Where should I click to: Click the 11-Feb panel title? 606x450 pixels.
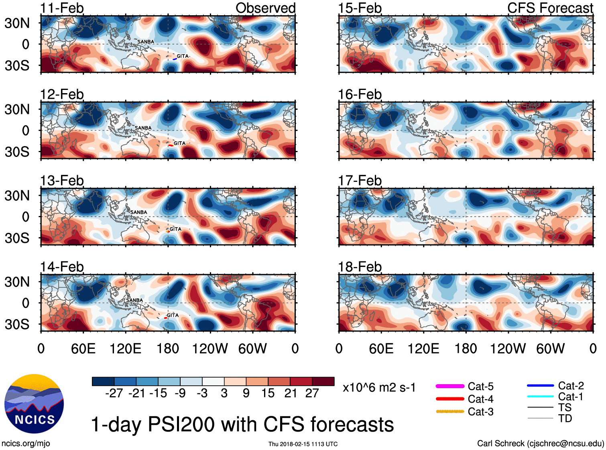click(x=62, y=8)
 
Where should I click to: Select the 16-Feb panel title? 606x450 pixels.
click(x=360, y=94)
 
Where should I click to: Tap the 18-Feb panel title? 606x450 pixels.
click(x=360, y=267)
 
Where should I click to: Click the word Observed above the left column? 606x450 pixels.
click(x=265, y=8)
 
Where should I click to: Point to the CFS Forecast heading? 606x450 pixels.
click(x=550, y=8)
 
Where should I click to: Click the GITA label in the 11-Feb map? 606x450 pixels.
click(x=183, y=56)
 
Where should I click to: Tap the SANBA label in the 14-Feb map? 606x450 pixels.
click(x=134, y=300)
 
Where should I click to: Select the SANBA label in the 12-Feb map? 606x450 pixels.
click(x=143, y=128)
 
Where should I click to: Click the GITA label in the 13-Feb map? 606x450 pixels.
click(x=175, y=229)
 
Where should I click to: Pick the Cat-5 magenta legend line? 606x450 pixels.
click(x=450, y=386)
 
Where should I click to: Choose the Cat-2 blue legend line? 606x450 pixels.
click(x=540, y=385)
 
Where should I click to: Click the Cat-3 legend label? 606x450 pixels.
click(x=480, y=411)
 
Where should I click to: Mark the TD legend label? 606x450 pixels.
click(x=565, y=418)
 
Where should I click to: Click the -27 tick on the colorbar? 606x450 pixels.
click(x=114, y=393)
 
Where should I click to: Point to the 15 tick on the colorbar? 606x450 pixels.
click(x=268, y=393)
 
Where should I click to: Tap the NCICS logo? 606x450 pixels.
click(x=34, y=404)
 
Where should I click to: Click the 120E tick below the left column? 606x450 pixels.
click(x=126, y=348)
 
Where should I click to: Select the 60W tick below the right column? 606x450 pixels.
click(x=551, y=348)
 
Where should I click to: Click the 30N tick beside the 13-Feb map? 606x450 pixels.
click(x=17, y=196)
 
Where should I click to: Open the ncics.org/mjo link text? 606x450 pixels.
click(x=26, y=444)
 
